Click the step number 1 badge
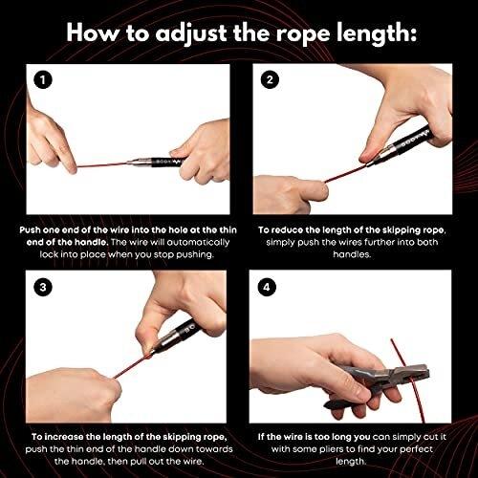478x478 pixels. [x=43, y=79]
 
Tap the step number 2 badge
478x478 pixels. [x=270, y=79]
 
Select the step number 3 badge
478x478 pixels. [x=43, y=287]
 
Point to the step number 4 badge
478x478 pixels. [x=267, y=287]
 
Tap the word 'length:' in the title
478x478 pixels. [x=377, y=33]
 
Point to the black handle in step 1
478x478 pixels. [x=166, y=163]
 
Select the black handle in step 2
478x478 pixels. [x=413, y=140]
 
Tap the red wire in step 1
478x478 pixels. [x=103, y=164]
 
